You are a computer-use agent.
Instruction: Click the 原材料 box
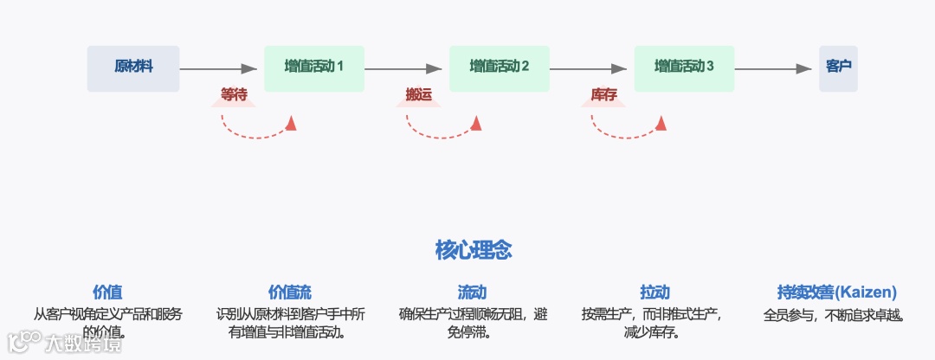(x=133, y=68)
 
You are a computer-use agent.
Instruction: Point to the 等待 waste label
(x=235, y=95)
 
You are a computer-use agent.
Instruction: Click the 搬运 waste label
(x=419, y=95)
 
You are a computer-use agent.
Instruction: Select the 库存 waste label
(x=603, y=95)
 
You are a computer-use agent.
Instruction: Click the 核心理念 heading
(x=473, y=251)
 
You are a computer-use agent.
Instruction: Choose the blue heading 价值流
(x=290, y=292)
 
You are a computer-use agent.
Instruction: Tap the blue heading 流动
(x=474, y=292)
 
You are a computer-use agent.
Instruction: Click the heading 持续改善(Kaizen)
(x=836, y=292)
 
